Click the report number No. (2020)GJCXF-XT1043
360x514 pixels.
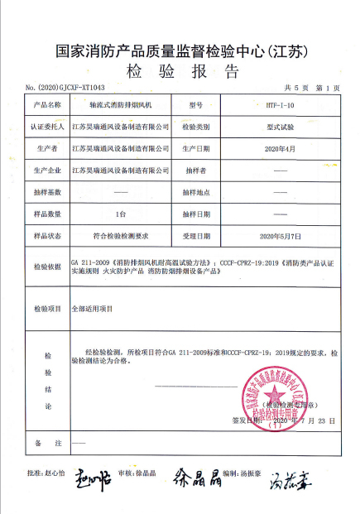pyautogui.click(x=66, y=87)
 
